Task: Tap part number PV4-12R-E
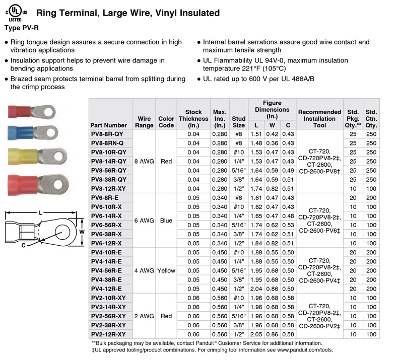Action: (x=106, y=289)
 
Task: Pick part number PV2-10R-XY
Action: (x=108, y=298)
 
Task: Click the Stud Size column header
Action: (x=238, y=122)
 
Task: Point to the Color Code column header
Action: (x=166, y=122)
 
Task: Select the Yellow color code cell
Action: (x=166, y=270)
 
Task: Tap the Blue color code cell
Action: (x=166, y=220)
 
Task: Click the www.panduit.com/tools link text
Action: (x=300, y=350)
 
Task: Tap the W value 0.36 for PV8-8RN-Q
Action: (x=272, y=143)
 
